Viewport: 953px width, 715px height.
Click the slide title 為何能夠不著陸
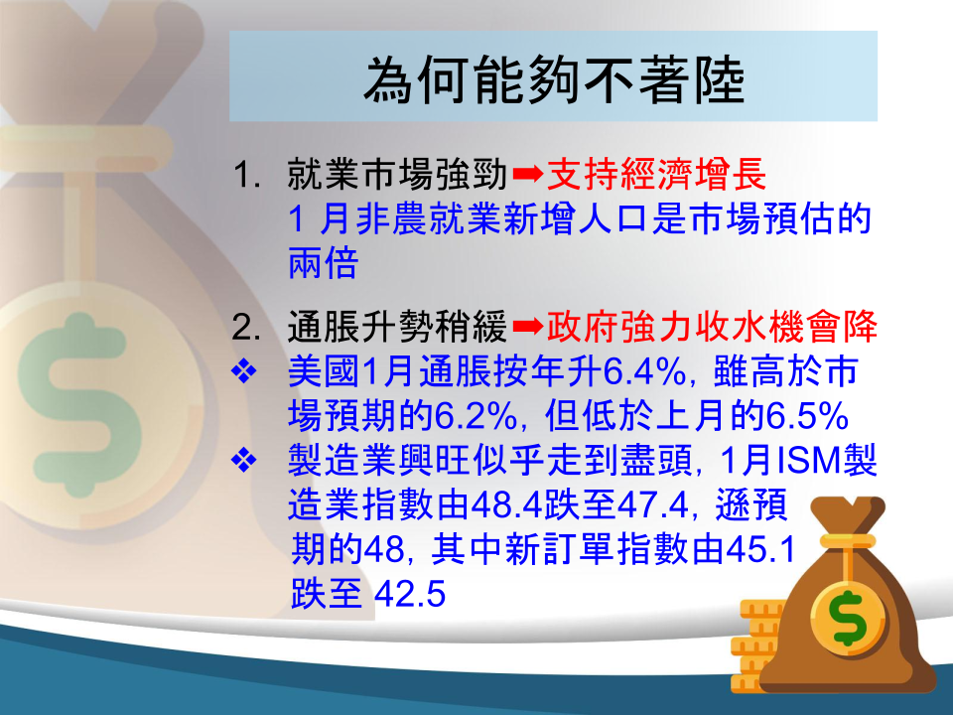click(554, 79)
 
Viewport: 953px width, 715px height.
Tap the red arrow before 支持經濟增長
click(527, 175)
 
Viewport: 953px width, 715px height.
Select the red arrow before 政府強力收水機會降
click(527, 327)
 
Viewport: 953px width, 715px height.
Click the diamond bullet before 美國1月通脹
click(244, 371)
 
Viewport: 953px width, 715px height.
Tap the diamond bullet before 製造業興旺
click(244, 461)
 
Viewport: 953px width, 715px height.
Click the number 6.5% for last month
click(807, 416)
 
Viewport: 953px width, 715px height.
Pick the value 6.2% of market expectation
click(475, 416)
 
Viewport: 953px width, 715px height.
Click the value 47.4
click(652, 505)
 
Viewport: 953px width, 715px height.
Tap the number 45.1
click(760, 549)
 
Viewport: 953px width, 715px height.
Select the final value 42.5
click(410, 594)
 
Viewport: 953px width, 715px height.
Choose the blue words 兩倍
click(323, 263)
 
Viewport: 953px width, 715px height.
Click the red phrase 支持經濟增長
click(656, 175)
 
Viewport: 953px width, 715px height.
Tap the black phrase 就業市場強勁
click(397, 175)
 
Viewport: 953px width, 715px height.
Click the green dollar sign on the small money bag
click(849, 618)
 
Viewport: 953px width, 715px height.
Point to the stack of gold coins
click(754, 645)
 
